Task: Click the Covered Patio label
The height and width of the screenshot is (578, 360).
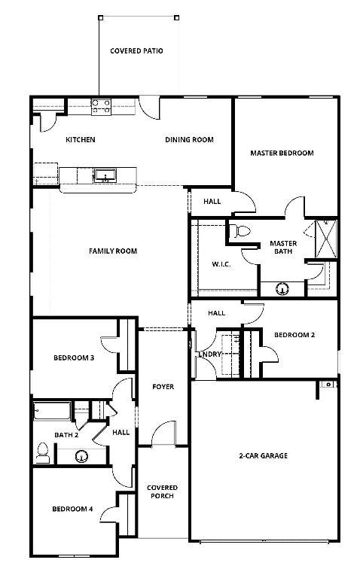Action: (x=136, y=51)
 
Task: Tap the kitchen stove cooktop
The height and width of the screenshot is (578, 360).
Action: (x=101, y=106)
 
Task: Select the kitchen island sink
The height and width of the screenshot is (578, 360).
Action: (x=105, y=175)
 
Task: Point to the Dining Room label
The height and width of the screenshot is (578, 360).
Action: (x=189, y=140)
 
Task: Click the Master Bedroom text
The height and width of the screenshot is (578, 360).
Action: (x=282, y=153)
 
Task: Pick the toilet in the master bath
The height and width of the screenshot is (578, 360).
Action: (x=239, y=231)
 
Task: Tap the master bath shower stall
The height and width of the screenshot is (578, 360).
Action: (x=326, y=239)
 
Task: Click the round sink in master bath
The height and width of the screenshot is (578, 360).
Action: (x=282, y=289)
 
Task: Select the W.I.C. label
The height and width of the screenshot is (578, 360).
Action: (x=221, y=264)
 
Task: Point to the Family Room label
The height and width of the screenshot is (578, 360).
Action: (x=113, y=251)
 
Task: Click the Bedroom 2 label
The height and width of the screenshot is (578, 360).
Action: (x=294, y=335)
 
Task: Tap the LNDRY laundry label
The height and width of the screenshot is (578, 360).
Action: (x=210, y=354)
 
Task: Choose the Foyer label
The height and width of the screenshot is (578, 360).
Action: (x=163, y=387)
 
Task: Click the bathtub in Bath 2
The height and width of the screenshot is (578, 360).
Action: (x=53, y=412)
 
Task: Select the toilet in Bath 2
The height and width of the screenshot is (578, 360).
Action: (x=43, y=452)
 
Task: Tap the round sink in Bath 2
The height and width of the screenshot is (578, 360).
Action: (x=81, y=456)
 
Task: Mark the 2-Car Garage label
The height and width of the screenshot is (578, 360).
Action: (x=264, y=455)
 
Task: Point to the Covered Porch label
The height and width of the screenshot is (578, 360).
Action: (x=162, y=491)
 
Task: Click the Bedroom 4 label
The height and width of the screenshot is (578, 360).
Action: (x=72, y=509)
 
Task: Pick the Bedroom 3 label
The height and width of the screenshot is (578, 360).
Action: (x=74, y=357)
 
